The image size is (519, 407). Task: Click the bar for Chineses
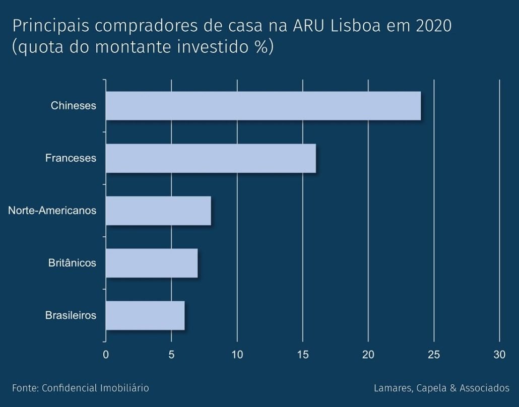[263, 106]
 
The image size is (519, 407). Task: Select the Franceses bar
[211, 158]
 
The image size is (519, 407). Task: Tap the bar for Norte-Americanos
[158, 211]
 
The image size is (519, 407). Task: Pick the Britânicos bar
[152, 263]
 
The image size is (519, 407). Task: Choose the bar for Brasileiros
[145, 315]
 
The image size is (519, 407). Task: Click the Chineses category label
[73, 106]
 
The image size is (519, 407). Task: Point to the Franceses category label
[71, 158]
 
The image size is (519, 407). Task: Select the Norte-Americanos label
[52, 211]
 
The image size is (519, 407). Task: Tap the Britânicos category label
[72, 263]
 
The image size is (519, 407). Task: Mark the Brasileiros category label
[71, 315]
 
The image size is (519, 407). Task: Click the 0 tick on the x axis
[106, 355]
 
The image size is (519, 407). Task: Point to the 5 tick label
[171, 355]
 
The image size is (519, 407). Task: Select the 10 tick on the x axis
[237, 355]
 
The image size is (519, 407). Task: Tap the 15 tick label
[303, 355]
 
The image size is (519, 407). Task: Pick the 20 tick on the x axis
[368, 355]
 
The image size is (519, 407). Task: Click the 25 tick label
[434, 355]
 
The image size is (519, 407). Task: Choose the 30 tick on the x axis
[499, 355]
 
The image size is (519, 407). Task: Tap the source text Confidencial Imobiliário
[95, 388]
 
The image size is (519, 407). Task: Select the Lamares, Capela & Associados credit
[441, 388]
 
